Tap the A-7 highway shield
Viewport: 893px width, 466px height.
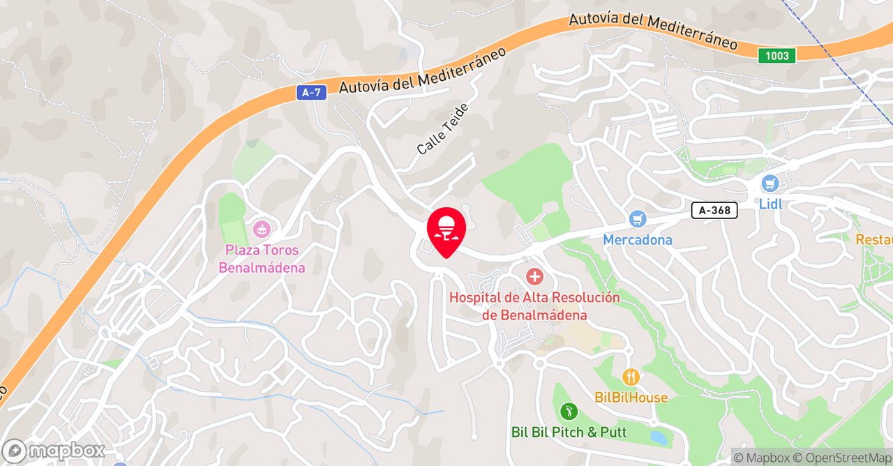[x=311, y=92]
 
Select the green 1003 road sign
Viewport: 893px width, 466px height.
[x=776, y=56]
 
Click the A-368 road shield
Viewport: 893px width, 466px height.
[x=714, y=210]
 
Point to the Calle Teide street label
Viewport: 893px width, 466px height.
[x=443, y=129]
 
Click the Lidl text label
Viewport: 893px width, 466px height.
[x=770, y=204]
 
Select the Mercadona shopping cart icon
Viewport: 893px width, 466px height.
[x=637, y=219]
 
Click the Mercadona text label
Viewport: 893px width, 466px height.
[x=638, y=240]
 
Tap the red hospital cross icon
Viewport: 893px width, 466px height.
[x=534, y=277]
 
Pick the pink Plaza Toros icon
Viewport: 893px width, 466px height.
[x=262, y=228]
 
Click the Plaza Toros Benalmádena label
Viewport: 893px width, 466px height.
[x=262, y=259]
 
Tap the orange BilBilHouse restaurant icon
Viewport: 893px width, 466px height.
[x=631, y=377]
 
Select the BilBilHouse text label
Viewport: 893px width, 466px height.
[x=631, y=398]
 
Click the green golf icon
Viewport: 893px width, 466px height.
[x=569, y=412]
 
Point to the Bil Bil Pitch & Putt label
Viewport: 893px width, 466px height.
[x=569, y=433]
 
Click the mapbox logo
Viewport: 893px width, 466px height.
[x=53, y=451]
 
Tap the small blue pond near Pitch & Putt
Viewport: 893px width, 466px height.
[x=658, y=438]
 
